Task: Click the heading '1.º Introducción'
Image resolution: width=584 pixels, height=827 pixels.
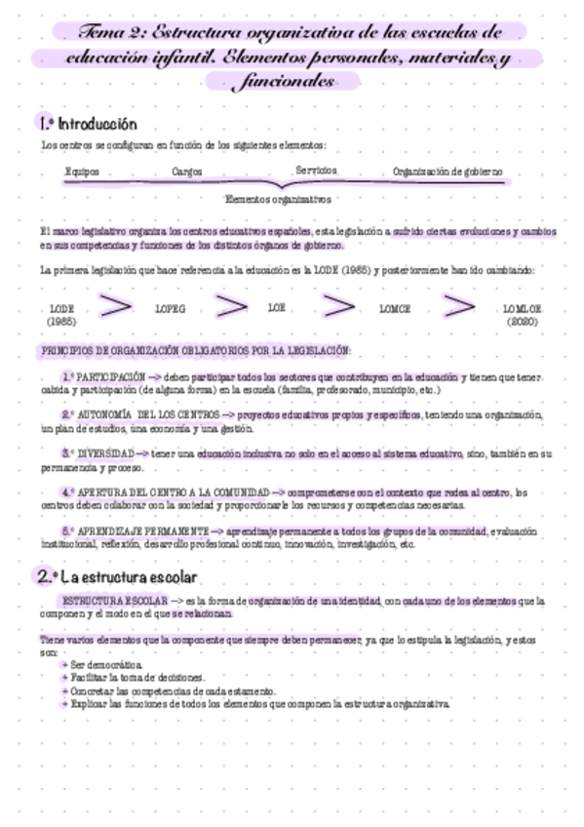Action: coord(87,125)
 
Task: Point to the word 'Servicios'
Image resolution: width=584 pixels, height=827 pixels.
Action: coord(316,170)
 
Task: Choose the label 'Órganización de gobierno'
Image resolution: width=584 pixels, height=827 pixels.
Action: coord(448,171)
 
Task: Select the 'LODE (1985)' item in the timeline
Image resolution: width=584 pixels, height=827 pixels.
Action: coord(61,314)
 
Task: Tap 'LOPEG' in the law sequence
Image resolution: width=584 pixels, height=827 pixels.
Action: coord(170,308)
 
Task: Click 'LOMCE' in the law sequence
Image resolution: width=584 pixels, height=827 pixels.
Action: coord(395,308)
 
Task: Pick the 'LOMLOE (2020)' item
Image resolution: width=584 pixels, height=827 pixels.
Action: coord(522,314)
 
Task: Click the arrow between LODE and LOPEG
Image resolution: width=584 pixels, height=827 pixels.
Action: coord(116,306)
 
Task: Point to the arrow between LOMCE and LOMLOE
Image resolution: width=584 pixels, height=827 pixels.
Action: coord(457,306)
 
